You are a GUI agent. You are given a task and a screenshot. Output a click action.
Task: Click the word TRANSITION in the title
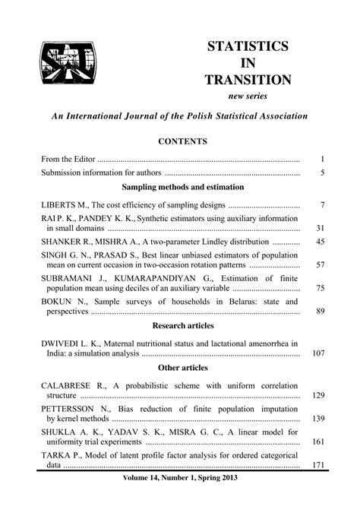[x=248, y=79]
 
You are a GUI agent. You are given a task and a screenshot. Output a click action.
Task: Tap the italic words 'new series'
[x=248, y=97]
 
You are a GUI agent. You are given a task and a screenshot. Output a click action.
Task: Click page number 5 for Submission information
[x=322, y=173]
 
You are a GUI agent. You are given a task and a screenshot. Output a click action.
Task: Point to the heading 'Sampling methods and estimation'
[x=182, y=186]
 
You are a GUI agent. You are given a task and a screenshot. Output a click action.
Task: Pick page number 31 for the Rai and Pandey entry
[x=320, y=228]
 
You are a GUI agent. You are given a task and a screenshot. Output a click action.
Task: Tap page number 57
[x=320, y=264]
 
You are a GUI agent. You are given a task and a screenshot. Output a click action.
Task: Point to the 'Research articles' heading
[x=182, y=325]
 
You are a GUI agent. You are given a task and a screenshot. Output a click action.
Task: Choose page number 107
[x=318, y=353]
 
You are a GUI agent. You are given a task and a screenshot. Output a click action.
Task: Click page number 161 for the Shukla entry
[x=318, y=442]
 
